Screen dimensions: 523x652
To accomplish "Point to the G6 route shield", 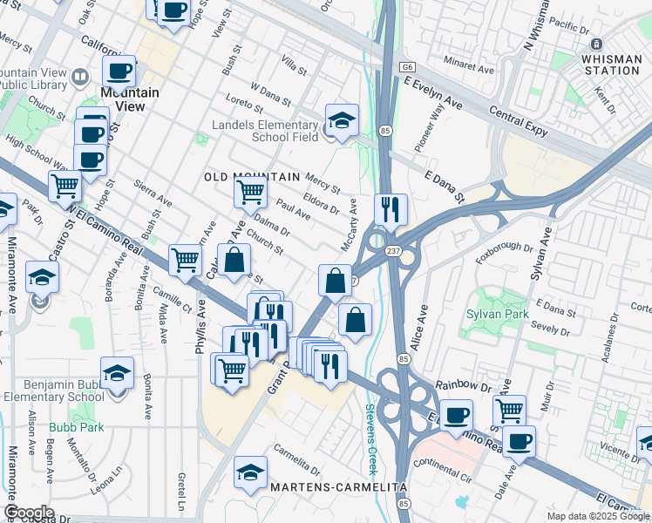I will pos(406,65).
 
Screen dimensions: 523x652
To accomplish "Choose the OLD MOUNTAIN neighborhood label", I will pos(252,177).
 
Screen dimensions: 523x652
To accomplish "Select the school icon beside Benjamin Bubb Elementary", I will pos(117,373).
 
